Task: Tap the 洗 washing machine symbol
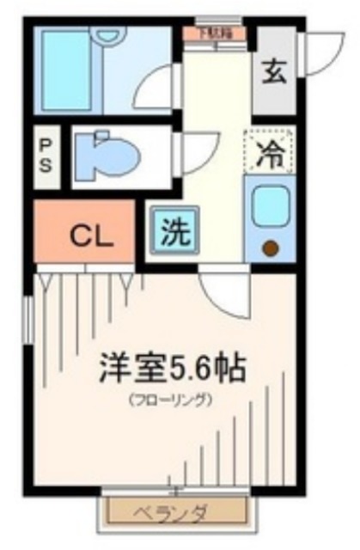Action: pos(172,229)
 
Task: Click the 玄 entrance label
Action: pos(273,72)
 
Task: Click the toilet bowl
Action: pos(107,156)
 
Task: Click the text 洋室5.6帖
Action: pos(171,370)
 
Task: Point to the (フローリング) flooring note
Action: pos(171,400)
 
